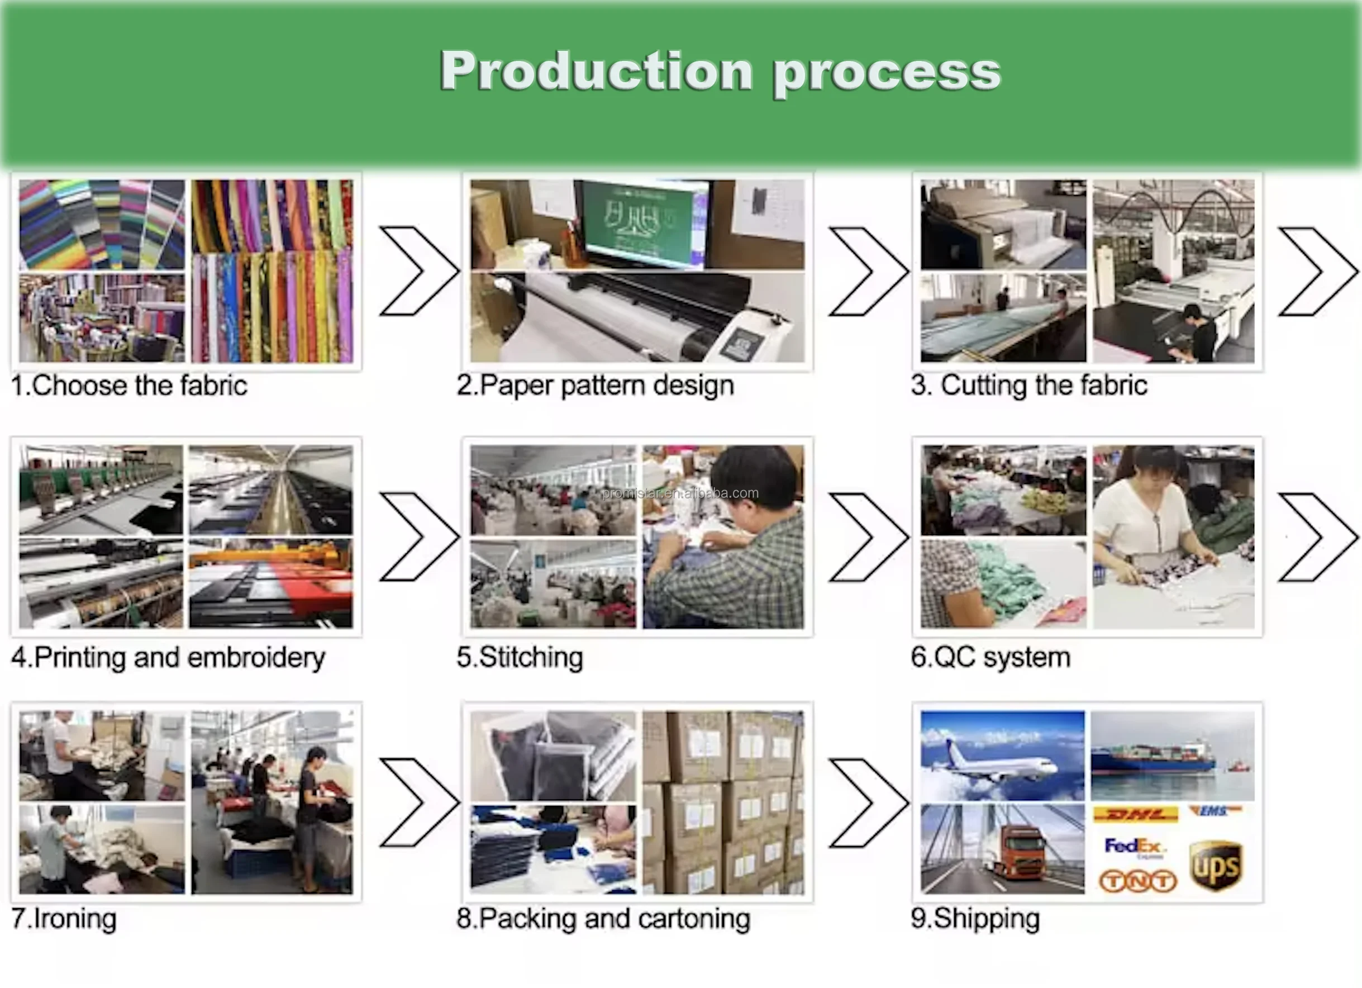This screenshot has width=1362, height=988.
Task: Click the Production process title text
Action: (720, 72)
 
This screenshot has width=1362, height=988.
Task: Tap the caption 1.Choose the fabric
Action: (129, 385)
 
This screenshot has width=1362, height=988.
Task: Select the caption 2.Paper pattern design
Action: (595, 385)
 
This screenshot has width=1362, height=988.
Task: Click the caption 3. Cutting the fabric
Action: (1028, 385)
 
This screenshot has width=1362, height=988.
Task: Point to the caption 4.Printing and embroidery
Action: (168, 657)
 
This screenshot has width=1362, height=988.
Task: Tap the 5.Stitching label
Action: (520, 657)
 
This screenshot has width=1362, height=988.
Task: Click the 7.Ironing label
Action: (64, 918)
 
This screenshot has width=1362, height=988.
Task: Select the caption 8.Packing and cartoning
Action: (603, 918)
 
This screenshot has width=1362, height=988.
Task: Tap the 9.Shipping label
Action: (975, 918)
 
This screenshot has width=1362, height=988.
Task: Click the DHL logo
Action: (1135, 815)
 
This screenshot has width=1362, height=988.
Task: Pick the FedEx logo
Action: (1135, 847)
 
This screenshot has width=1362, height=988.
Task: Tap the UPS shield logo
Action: (1216, 866)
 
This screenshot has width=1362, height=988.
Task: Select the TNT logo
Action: (1137, 881)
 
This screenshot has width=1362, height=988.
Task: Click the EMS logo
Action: (1213, 811)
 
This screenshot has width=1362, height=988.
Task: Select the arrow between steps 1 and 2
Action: (418, 271)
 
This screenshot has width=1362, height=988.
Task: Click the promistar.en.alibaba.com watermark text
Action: (680, 493)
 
